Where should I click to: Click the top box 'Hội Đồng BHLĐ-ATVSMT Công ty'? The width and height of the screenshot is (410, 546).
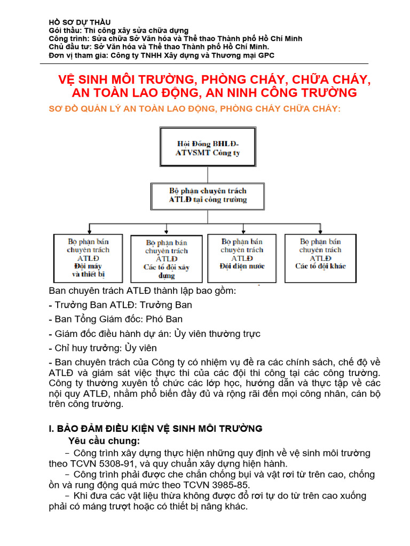pyautogui.click(x=208, y=148)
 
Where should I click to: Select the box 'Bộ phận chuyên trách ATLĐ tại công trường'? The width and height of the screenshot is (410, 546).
pyautogui.click(x=208, y=195)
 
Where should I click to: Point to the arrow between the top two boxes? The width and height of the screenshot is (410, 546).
pyautogui.click(x=207, y=175)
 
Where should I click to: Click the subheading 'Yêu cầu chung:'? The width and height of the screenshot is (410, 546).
pyautogui.click(x=104, y=441)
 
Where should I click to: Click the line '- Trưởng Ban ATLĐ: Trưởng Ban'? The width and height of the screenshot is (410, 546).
pyautogui.click(x=120, y=305)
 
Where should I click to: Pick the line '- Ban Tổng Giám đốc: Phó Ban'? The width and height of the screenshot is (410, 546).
pyautogui.click(x=115, y=319)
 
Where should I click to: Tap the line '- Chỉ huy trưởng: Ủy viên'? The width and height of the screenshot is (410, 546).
pyautogui.click(x=102, y=348)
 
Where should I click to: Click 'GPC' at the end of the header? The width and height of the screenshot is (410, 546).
pyautogui.click(x=266, y=55)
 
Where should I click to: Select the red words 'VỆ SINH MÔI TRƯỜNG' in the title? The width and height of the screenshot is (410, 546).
pyautogui.click(x=125, y=80)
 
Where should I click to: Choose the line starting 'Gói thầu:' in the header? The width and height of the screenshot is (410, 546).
pyautogui.click(x=118, y=30)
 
